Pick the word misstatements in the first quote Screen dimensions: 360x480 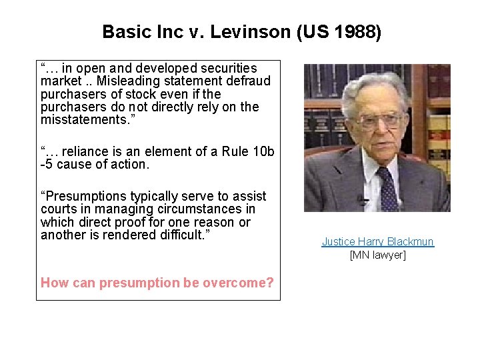[x=83, y=119]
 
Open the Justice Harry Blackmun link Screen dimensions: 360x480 [x=377, y=241]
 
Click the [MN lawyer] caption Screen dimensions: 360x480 [x=377, y=255]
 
